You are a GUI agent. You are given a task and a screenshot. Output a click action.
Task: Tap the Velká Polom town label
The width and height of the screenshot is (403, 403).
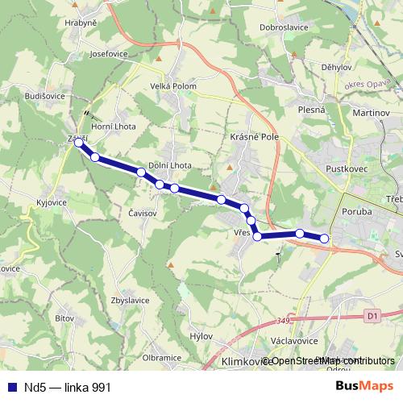pos(173,87)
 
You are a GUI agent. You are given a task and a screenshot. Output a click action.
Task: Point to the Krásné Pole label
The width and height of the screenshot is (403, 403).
pos(253,138)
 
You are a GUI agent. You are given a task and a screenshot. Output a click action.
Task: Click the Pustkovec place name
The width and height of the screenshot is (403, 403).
pos(346,169)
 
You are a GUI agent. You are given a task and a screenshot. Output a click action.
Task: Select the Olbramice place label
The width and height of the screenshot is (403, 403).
pos(162,356)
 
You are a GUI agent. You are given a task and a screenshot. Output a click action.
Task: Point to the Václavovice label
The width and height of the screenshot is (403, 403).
pos(307,341)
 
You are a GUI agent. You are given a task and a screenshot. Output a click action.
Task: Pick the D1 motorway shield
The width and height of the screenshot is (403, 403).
pos(372,317)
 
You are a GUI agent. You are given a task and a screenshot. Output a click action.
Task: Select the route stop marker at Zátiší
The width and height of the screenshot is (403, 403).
pos(78,143)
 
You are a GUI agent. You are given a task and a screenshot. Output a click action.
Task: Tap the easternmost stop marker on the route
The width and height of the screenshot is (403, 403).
pos(325,238)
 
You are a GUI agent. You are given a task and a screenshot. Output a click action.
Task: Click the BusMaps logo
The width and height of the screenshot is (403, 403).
pos(364,386)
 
